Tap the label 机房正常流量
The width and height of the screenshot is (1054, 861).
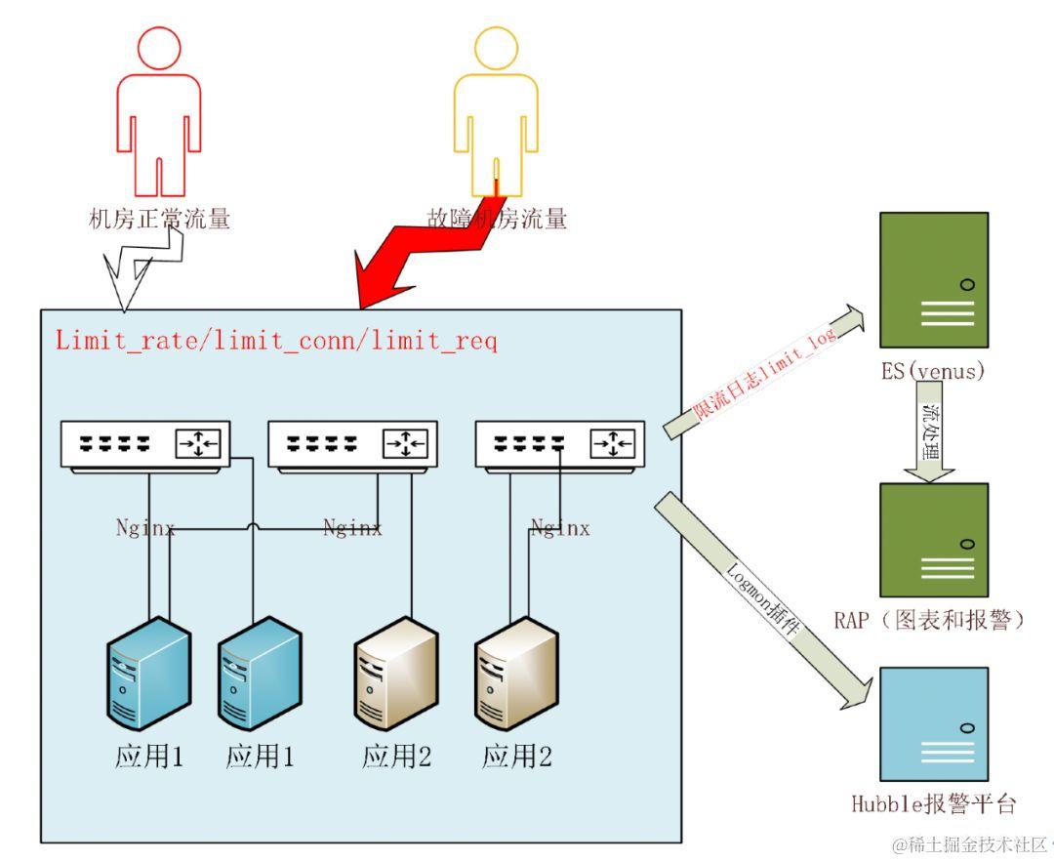(159, 219)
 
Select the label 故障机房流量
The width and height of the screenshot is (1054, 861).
(497, 219)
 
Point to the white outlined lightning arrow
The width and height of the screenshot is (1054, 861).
(142, 267)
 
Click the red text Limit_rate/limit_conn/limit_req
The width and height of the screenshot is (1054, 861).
(276, 341)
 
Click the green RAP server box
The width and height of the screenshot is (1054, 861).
(933, 539)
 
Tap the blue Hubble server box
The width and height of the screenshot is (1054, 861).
(933, 721)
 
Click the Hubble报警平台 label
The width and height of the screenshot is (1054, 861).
(934, 804)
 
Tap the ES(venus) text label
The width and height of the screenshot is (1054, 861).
(933, 371)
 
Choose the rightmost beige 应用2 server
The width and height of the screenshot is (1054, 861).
(516, 674)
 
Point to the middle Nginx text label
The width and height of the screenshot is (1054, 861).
(352, 528)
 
